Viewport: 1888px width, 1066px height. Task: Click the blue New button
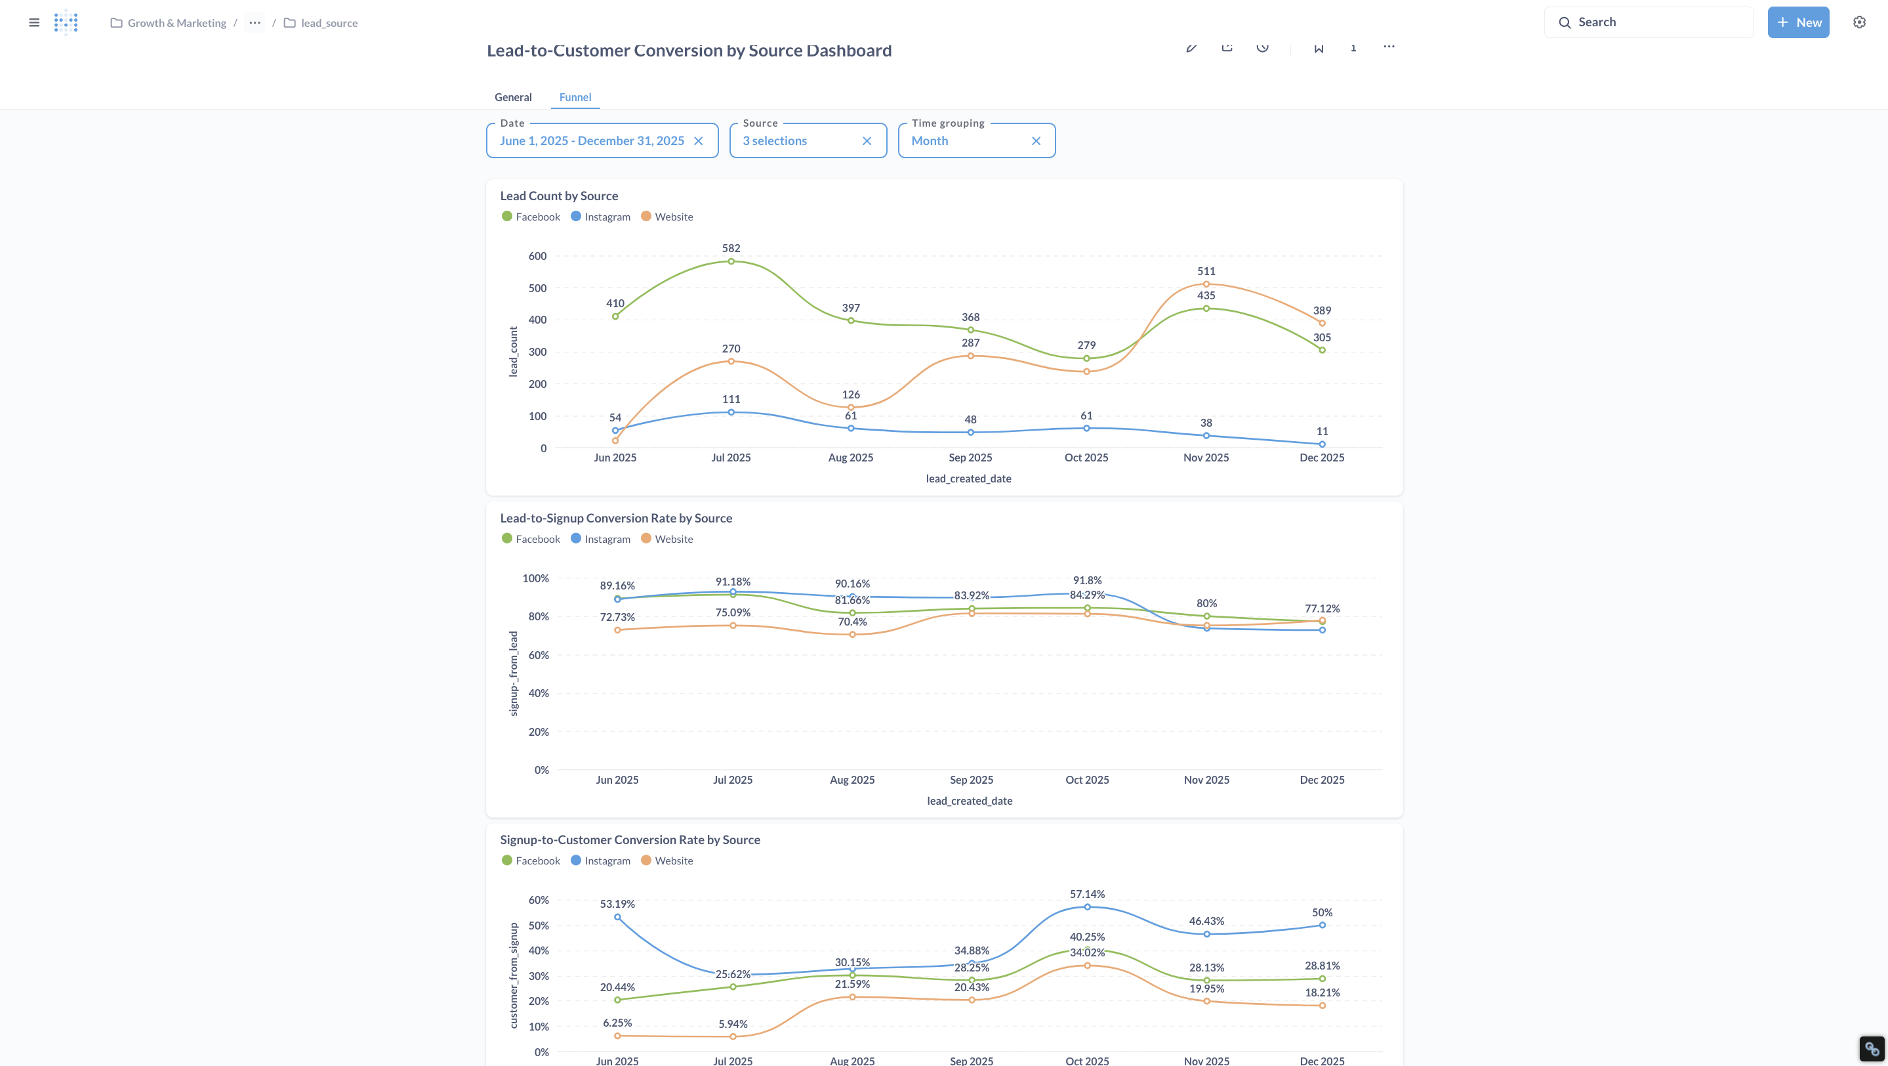tap(1798, 22)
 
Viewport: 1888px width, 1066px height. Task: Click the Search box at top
tap(1649, 22)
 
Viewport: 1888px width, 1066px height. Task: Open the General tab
tap(513, 96)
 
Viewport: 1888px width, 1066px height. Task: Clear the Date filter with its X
tap(699, 140)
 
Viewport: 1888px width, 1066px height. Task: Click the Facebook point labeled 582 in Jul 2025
tap(731, 261)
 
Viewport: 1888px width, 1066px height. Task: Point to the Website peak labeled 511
tap(1206, 284)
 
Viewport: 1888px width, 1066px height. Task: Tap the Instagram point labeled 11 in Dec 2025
tap(1322, 444)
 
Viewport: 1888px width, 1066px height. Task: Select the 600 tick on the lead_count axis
tap(537, 256)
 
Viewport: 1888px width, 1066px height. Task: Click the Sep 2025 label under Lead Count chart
tap(970, 458)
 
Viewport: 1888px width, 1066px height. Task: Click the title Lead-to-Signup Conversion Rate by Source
tap(615, 518)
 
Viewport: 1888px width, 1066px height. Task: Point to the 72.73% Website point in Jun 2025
tap(617, 629)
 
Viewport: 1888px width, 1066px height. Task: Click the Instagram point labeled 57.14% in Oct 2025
tap(1087, 907)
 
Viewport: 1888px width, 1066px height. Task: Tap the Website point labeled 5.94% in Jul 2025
tap(733, 1036)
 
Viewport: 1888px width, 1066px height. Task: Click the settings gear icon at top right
tap(1859, 22)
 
